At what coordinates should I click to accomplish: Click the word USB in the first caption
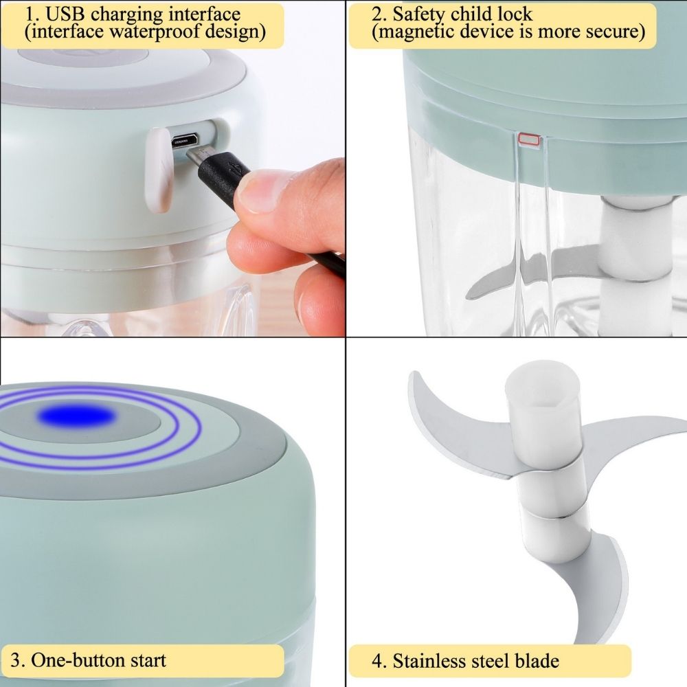coord(69,14)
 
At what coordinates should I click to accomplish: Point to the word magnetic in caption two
coord(414,32)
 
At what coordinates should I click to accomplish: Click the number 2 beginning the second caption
coord(376,14)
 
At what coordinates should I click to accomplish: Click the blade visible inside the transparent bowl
coord(522,275)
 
